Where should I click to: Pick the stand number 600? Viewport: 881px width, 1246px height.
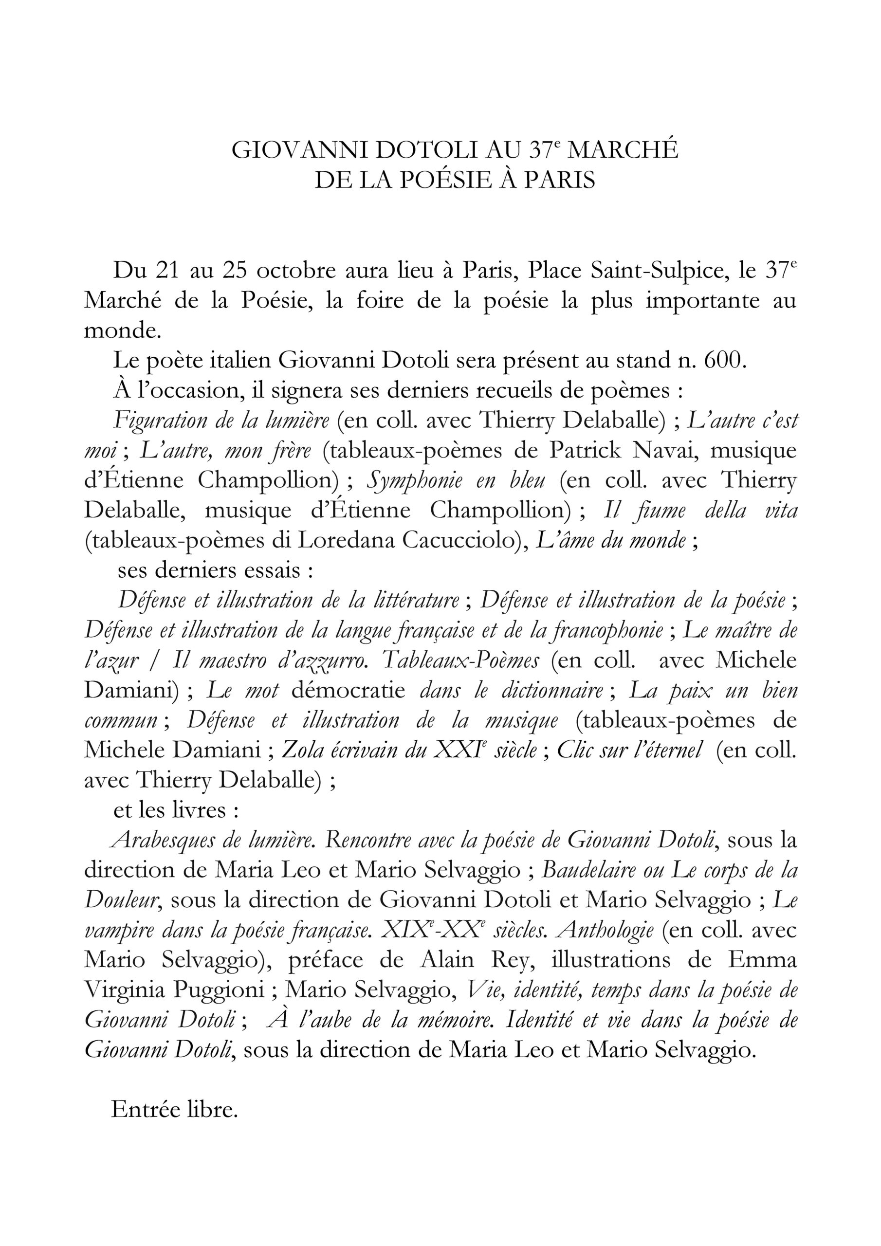coord(722,360)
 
